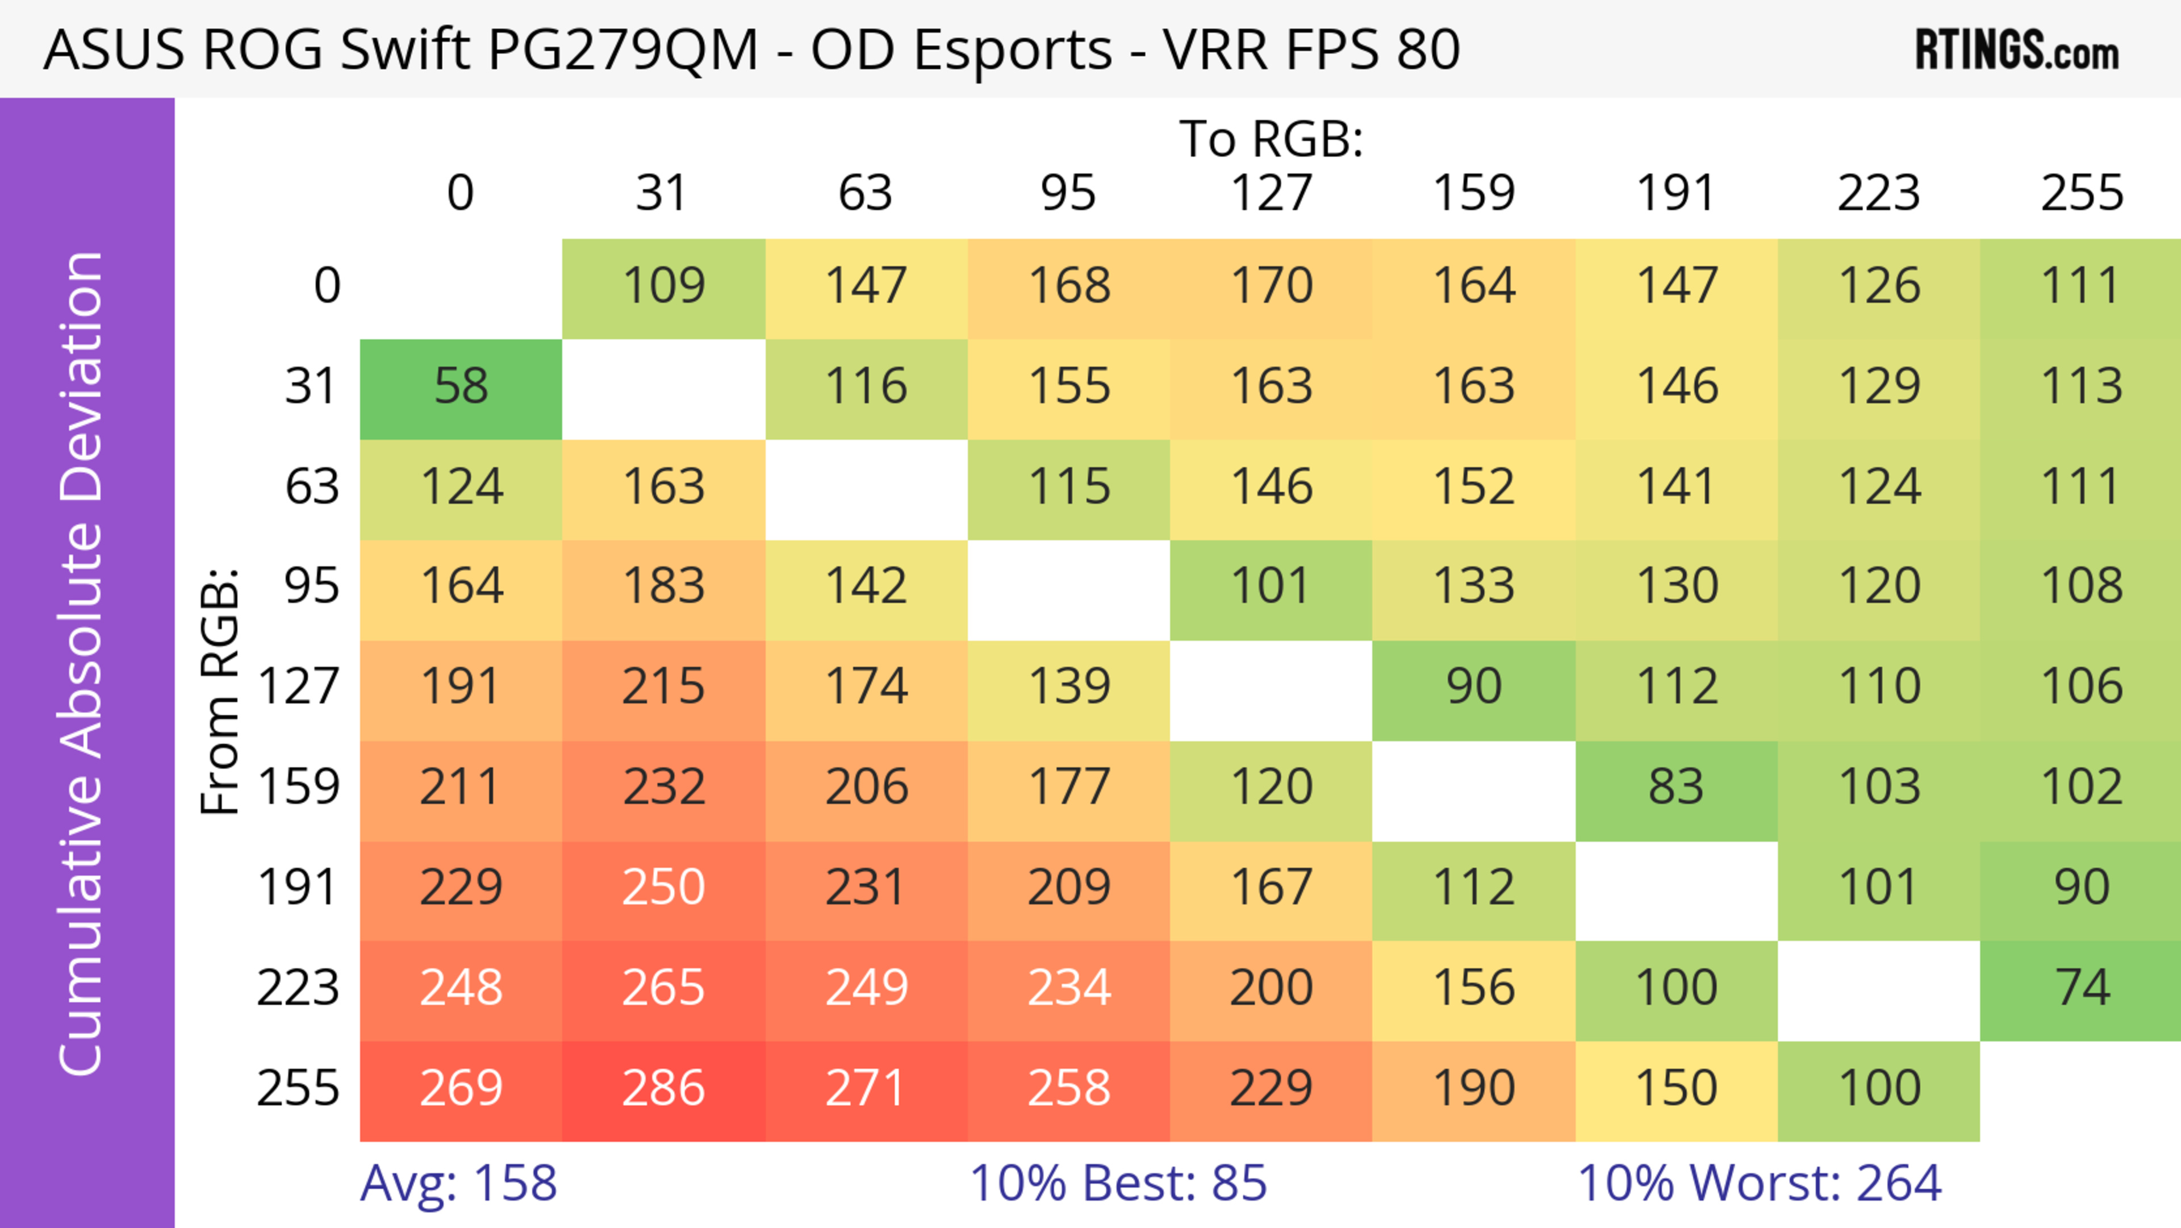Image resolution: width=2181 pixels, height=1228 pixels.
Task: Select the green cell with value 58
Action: (x=461, y=387)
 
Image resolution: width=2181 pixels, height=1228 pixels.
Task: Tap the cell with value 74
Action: (x=2081, y=988)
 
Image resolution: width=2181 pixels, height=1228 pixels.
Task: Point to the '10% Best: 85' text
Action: (x=1118, y=1183)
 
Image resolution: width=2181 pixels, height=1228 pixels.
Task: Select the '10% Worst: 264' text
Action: (x=1760, y=1183)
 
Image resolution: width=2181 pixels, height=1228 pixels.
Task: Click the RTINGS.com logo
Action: (x=2017, y=50)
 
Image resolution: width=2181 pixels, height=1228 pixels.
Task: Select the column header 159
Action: (x=1473, y=193)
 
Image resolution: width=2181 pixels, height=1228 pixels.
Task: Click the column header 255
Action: (x=2081, y=193)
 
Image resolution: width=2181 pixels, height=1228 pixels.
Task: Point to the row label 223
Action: (x=298, y=988)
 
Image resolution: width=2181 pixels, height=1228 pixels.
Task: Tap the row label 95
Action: (x=312, y=586)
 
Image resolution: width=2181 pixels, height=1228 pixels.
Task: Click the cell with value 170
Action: (x=1271, y=286)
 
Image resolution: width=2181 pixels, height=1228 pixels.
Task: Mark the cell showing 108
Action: (x=2081, y=586)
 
